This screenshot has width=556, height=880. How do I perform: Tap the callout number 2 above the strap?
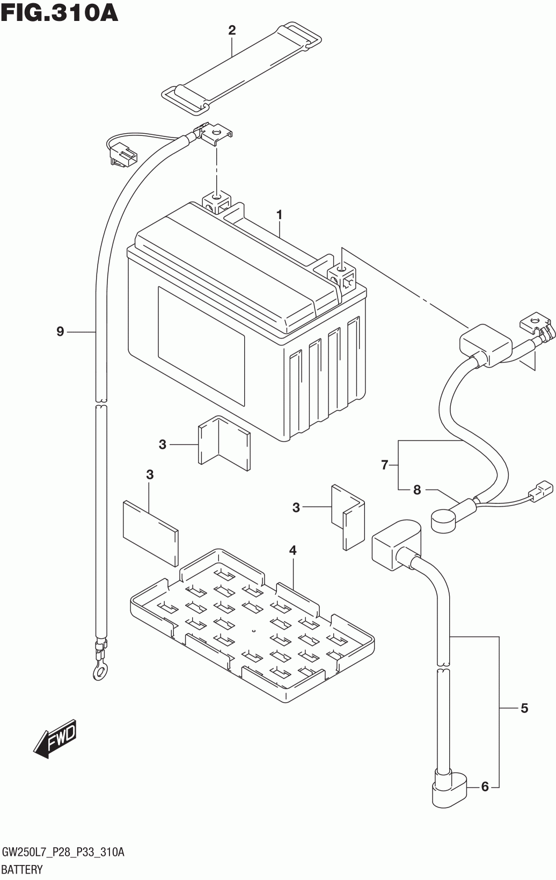[x=232, y=30]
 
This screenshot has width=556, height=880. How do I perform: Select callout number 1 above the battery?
[x=279, y=215]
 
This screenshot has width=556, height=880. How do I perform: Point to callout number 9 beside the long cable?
[x=60, y=332]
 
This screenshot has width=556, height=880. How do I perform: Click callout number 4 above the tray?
[x=292, y=550]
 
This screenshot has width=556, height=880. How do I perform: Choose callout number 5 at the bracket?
[x=524, y=708]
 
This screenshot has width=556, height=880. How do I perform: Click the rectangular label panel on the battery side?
[x=201, y=346]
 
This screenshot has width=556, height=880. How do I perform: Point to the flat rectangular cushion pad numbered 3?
[x=151, y=533]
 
